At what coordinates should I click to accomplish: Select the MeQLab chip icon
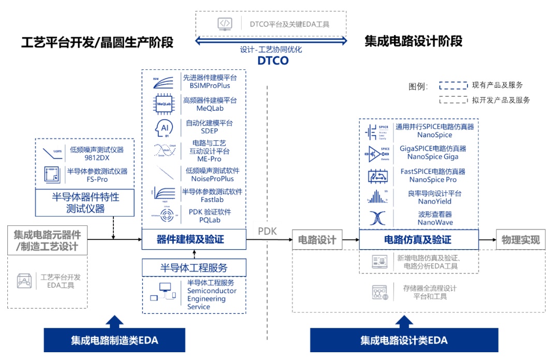coord(160,104)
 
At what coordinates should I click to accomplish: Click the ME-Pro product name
coord(209,159)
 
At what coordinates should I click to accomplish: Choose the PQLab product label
coord(210,220)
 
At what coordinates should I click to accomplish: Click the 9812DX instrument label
coord(97,158)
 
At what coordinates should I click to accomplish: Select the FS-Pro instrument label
coord(97,179)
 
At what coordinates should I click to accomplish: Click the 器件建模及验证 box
coord(194,239)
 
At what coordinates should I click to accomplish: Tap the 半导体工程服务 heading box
coord(194,268)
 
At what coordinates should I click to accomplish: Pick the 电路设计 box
coord(317,240)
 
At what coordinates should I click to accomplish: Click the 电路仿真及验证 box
coord(418,240)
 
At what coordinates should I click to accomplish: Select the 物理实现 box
coord(520,240)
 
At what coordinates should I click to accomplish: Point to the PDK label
coord(268,231)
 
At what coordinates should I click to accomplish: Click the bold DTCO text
coord(273,61)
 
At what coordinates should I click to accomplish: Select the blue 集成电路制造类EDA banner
coord(114,340)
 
